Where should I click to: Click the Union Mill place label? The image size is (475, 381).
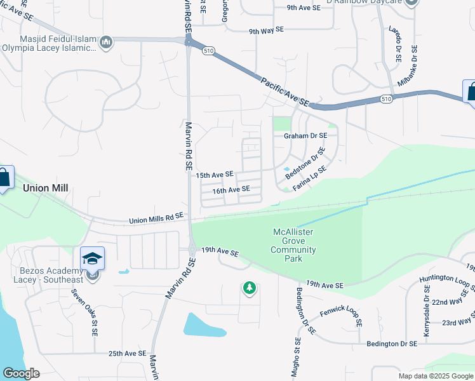click(x=45, y=189)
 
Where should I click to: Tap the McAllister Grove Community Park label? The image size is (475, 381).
click(x=293, y=245)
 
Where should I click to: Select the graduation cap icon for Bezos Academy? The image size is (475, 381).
click(x=92, y=258)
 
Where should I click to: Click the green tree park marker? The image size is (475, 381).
click(x=250, y=288)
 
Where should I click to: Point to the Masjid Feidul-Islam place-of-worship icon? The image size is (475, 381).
click(x=106, y=43)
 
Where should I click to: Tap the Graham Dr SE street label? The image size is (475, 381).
click(x=305, y=136)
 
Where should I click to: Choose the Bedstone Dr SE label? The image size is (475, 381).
click(x=305, y=163)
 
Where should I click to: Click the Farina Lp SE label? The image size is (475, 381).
click(x=310, y=178)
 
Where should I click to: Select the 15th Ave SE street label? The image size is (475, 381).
click(x=215, y=174)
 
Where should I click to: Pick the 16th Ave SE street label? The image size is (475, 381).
click(x=231, y=190)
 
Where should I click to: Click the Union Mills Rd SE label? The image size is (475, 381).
click(x=156, y=218)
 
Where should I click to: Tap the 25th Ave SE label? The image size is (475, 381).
click(x=127, y=354)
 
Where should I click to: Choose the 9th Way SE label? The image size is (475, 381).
click(x=266, y=30)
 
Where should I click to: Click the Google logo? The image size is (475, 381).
click(x=22, y=373)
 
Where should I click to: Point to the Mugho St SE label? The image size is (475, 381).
click(x=296, y=359)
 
